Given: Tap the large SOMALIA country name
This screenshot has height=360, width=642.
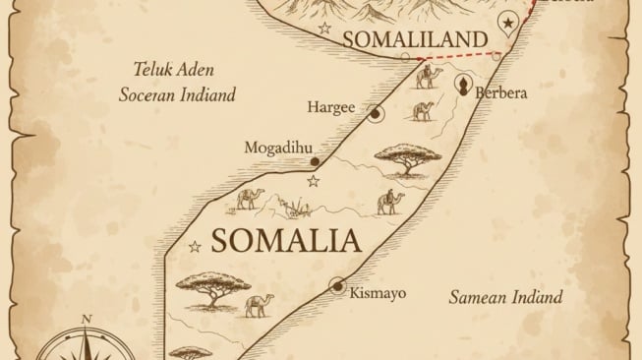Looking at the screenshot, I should tap(283, 242).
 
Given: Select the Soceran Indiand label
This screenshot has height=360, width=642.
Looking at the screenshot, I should tap(178, 96).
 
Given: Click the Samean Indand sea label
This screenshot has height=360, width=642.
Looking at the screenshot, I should tap(505, 296).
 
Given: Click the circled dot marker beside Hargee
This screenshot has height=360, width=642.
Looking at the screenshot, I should tap(376, 115).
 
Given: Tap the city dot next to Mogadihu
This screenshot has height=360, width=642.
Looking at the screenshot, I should tap(315, 161).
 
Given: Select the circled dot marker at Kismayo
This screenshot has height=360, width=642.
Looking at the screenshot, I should tap(338, 286).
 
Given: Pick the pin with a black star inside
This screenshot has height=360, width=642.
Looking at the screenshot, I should tap(507, 23).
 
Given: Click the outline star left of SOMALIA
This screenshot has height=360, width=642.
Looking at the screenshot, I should tap(196, 246).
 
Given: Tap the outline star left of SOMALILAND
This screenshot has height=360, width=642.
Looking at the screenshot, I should tap(324, 29).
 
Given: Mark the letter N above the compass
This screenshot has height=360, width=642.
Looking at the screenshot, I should tap(87, 318).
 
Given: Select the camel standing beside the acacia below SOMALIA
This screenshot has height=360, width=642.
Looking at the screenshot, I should tap(258, 305).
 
